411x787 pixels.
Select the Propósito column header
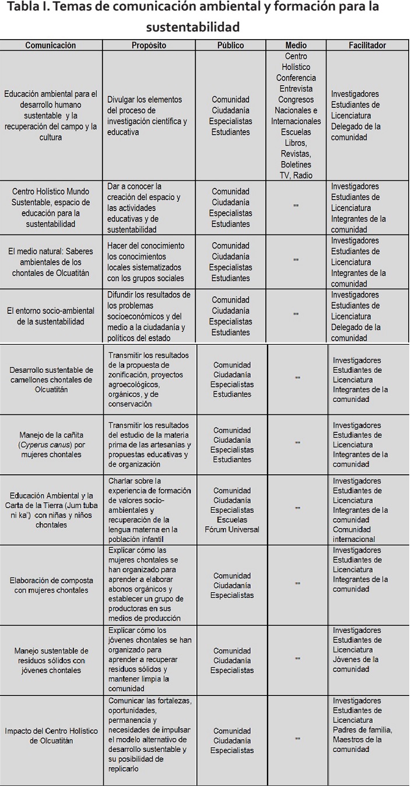coord(149,46)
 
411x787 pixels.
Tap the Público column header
coord(230,46)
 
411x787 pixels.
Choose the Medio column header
coord(296,46)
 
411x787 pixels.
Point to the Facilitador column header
coord(367,46)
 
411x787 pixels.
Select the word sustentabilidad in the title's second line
coord(192,27)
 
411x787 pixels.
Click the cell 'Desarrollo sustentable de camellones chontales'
coord(51,380)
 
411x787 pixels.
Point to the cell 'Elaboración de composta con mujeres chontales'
coord(51,585)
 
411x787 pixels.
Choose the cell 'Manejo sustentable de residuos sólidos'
coord(51,660)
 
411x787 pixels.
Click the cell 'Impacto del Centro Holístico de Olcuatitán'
coord(51,736)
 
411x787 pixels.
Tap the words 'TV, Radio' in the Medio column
coord(296,175)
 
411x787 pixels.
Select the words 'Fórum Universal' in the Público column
coord(233,529)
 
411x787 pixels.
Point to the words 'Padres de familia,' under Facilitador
coord(362,730)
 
